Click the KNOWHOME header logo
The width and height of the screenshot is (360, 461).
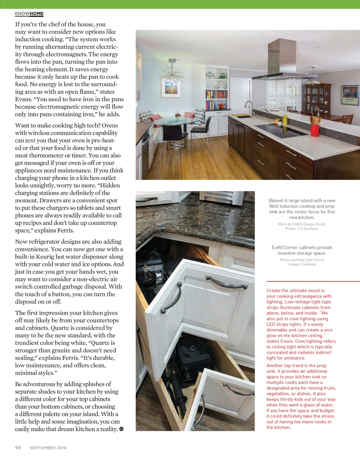[29, 14]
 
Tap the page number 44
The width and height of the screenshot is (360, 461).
[18, 447]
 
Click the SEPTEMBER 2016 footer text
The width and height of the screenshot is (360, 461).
[48, 448]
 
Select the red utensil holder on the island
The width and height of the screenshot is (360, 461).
[315, 130]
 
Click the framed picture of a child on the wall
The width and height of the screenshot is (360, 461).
[171, 87]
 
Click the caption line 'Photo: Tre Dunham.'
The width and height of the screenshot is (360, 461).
[302, 229]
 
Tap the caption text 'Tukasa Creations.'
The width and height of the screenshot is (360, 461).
[302, 264]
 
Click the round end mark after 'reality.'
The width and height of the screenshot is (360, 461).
[121, 429]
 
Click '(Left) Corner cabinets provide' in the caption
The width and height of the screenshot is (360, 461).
[302, 247]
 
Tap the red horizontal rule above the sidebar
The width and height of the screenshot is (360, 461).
[313, 281]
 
